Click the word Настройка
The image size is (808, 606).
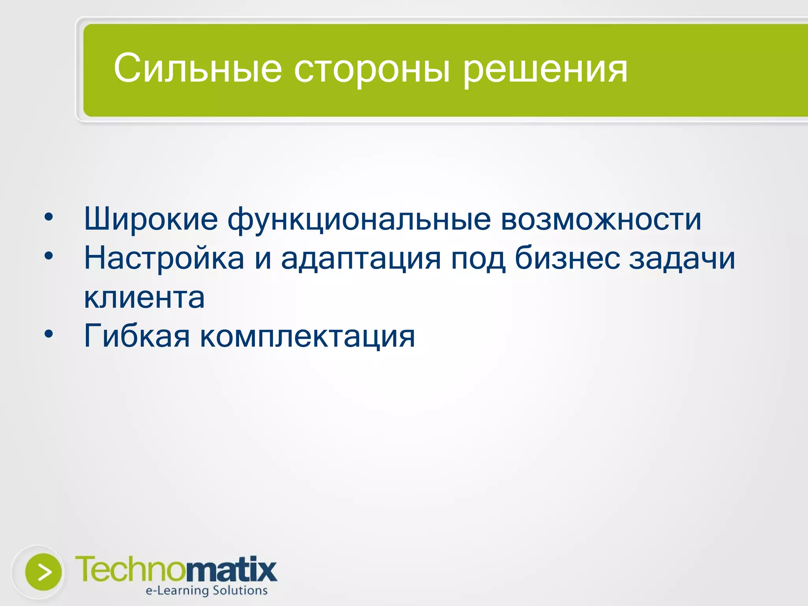pyautogui.click(x=164, y=258)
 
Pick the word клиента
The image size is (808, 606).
pyautogui.click(x=144, y=297)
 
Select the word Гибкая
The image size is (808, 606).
pyautogui.click(x=137, y=336)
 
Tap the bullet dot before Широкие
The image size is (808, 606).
pyautogui.click(x=49, y=217)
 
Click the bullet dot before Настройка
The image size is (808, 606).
pyautogui.click(x=49, y=256)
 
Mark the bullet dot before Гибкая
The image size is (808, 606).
pyautogui.click(x=49, y=335)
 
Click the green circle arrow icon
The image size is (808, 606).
pyautogui.click(x=43, y=572)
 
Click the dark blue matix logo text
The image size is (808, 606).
pyautogui.click(x=231, y=570)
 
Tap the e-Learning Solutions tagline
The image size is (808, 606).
pyautogui.click(x=207, y=591)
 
